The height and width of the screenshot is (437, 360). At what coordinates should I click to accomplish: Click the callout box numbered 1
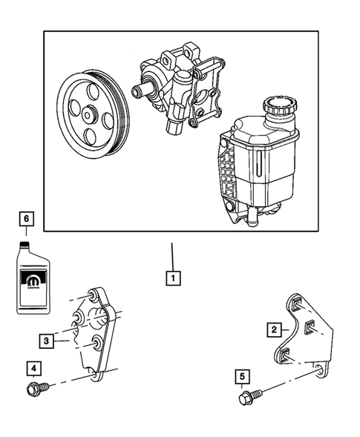pos(172,280)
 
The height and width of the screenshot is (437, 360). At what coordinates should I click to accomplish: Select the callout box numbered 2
pos(274,329)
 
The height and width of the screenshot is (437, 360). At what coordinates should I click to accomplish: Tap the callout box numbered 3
pos(46,341)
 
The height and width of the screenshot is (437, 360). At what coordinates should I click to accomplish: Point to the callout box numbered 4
pos(33,367)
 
